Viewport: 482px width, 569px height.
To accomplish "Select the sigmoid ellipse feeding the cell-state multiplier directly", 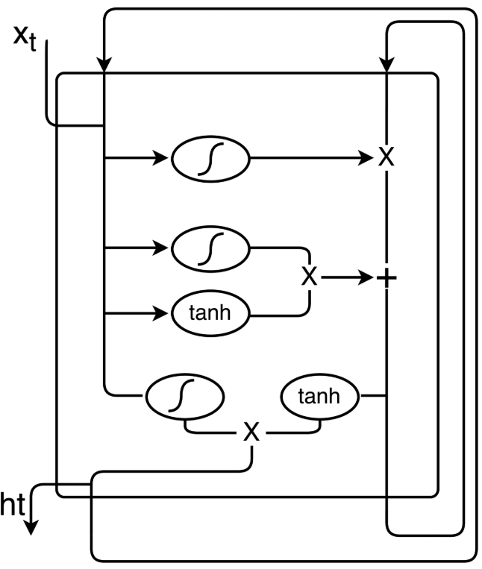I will tap(211, 159).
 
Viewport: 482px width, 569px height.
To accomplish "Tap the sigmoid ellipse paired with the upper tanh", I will tap(211, 248).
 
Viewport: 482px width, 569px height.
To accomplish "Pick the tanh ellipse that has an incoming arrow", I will tap(211, 314).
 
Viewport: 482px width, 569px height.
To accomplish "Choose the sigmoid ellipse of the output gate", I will tap(185, 397).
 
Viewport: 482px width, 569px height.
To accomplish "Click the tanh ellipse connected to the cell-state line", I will tap(319, 397).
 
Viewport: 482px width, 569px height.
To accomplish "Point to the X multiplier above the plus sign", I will tap(386, 158).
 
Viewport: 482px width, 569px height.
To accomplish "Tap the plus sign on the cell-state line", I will tap(386, 278).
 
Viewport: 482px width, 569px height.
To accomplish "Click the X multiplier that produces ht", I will tap(252, 432).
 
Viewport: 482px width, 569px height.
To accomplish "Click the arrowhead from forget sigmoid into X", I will tap(365, 159).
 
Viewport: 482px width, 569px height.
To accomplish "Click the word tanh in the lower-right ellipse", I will tap(319, 397).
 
